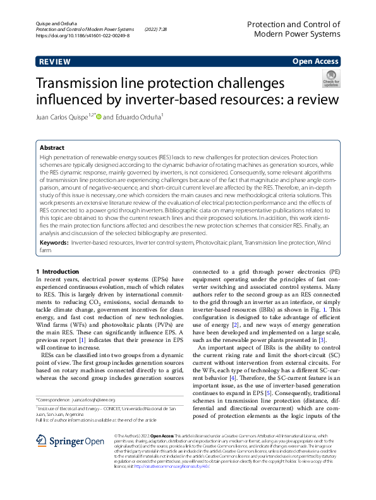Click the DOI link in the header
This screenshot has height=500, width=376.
pyautogui.click(x=83, y=37)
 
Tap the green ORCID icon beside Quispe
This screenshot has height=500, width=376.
pyautogui.click(x=99, y=117)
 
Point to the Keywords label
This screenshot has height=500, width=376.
pyautogui.click(x=54, y=242)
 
